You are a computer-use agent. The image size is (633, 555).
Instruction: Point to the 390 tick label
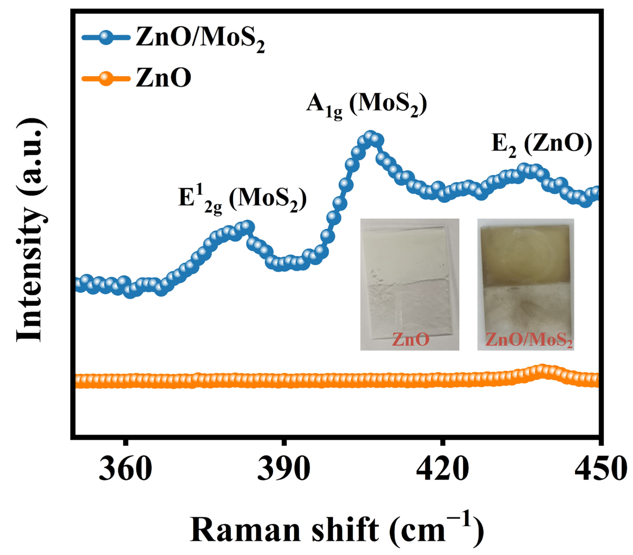coord(283,469)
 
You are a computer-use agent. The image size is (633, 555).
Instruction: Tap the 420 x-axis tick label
coord(442,469)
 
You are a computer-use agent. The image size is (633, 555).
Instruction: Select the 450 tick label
coord(600,469)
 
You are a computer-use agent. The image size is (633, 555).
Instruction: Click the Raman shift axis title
coord(337,529)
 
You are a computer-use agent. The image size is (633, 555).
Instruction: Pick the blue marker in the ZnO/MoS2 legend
coord(105,38)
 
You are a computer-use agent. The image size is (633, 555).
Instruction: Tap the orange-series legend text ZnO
coord(163,78)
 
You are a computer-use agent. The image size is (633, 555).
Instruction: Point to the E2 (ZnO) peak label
coord(542,145)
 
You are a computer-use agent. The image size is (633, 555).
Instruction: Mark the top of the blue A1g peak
coord(369,137)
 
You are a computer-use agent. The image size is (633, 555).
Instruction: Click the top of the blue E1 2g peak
coord(246,226)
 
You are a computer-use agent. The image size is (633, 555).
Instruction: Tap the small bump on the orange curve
coord(541,370)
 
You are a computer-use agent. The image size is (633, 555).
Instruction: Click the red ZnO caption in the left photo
coord(411,339)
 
